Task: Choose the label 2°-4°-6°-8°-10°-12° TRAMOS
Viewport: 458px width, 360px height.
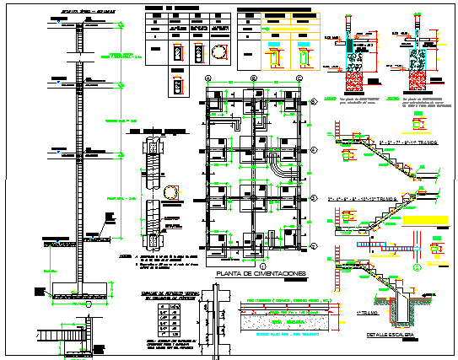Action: click(369, 200)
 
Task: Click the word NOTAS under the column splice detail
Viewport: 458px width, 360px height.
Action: click(124, 255)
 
